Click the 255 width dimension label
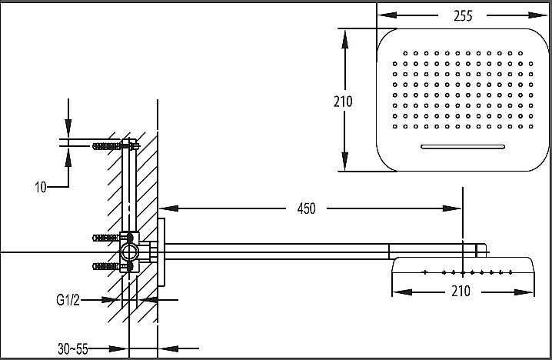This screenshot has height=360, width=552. pos(462,15)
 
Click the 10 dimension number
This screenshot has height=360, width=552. pos(41,186)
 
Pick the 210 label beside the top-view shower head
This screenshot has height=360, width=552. pos(343,100)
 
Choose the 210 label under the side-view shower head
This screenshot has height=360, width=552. pos(461,291)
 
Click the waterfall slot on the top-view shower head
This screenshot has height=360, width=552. pos(460,146)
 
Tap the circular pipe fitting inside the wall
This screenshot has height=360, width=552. pos(130,252)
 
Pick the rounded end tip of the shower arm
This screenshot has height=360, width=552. pos(484,249)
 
